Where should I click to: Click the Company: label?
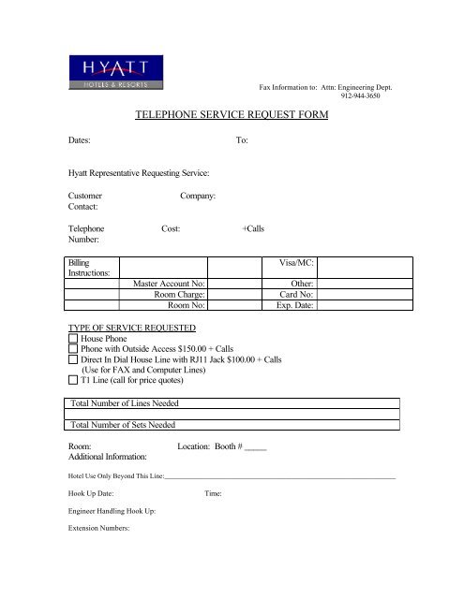(x=198, y=197)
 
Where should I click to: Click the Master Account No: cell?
(x=170, y=283)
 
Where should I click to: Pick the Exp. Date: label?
(x=296, y=305)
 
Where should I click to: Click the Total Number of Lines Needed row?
(x=234, y=403)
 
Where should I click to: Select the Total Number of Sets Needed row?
(x=234, y=425)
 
